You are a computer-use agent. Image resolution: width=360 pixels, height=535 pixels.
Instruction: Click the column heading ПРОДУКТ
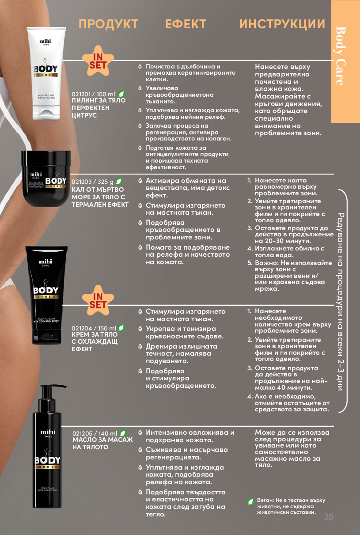pyautogui.click(x=108, y=24)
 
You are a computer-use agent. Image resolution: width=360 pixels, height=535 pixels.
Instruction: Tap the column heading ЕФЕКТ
pyautogui.click(x=186, y=24)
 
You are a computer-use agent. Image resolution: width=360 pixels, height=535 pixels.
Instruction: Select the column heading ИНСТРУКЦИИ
pyautogui.click(x=282, y=24)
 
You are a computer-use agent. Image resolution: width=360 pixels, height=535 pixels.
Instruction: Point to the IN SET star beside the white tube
pyautogui.click(x=98, y=61)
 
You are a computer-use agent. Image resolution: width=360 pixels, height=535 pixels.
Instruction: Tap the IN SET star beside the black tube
pyautogui.click(x=98, y=301)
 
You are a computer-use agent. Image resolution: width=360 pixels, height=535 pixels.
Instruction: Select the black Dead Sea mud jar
pyautogui.click(x=46, y=178)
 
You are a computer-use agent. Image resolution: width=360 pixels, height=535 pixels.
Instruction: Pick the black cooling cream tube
pyautogui.click(x=46, y=295)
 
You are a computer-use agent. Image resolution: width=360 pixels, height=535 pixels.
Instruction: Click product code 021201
pyautogui.click(x=81, y=95)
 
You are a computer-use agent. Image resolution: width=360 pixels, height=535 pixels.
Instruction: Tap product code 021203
pyautogui.click(x=82, y=182)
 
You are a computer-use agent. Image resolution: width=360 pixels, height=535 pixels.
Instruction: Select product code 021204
pyautogui.click(x=82, y=328)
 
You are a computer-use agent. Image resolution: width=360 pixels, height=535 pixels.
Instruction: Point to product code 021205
pyautogui.click(x=83, y=433)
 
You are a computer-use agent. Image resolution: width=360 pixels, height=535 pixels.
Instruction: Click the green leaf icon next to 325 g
pyautogui.click(x=119, y=182)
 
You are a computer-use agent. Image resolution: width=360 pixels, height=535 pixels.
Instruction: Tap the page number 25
pyautogui.click(x=329, y=516)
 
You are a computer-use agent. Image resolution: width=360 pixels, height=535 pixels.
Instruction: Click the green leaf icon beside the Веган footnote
pyautogui.click(x=250, y=502)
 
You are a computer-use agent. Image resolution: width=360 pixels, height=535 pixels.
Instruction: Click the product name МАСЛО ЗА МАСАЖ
pyautogui.click(x=102, y=440)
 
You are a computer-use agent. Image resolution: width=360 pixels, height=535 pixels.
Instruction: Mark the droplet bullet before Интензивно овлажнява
pyautogui.click(x=140, y=433)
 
